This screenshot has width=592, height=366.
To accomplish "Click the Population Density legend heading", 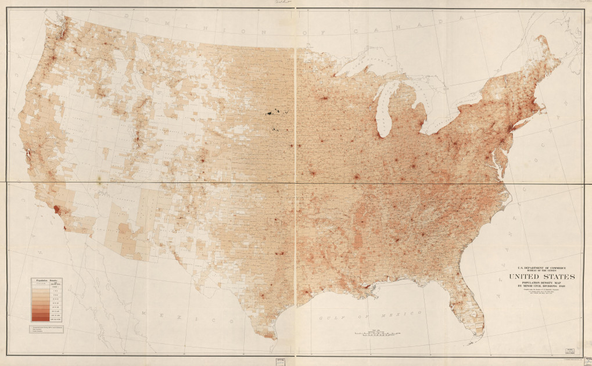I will pos(48,281).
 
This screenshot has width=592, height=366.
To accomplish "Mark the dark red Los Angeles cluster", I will pos(56,209).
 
